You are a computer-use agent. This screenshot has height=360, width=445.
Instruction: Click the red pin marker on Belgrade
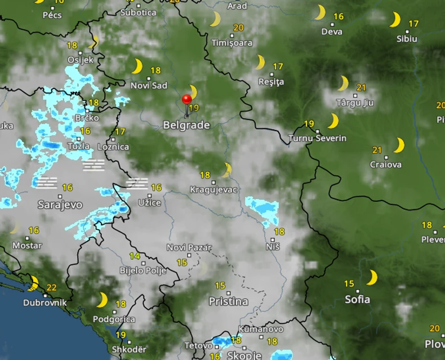[187, 100]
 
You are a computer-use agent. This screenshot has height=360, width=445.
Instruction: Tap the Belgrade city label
[186, 125]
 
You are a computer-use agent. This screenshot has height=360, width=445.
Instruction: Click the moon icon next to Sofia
[372, 278]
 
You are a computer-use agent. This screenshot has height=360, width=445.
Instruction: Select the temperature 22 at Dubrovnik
[51, 287]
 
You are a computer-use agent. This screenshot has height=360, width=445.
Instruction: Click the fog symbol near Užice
[137, 183]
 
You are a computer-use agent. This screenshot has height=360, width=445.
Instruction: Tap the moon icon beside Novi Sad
[137, 66]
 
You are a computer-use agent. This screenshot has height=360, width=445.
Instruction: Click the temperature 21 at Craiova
[377, 150]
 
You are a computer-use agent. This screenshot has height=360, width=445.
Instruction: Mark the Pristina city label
[228, 301]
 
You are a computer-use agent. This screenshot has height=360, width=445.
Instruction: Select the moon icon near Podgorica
[102, 300]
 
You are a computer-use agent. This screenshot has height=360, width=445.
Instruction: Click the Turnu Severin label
[317, 138]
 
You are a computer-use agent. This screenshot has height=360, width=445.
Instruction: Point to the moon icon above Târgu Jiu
[343, 83]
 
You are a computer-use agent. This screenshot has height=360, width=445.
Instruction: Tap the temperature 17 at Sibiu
[413, 24]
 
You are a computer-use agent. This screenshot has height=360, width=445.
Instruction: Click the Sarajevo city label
[60, 205]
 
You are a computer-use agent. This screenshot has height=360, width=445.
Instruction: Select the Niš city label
[273, 246]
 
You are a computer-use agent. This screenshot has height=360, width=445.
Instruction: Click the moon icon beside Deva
[320, 12]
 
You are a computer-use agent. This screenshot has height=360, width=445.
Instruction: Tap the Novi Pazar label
[189, 248]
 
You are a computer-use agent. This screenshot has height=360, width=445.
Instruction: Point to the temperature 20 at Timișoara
[238, 28]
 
